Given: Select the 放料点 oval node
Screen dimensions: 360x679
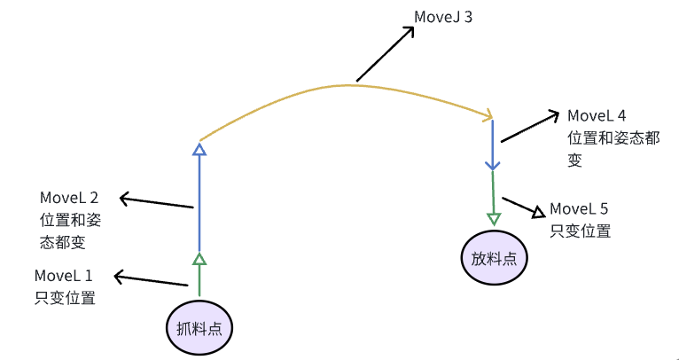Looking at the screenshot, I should [x=494, y=259].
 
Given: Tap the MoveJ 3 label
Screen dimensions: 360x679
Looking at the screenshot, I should [x=442, y=16].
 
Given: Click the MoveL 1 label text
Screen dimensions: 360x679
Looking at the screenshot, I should [x=63, y=276].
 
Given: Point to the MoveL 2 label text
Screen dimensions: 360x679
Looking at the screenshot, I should [x=69, y=197].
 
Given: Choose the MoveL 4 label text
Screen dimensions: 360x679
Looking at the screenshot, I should [x=597, y=116].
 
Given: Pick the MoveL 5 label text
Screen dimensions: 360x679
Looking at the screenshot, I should [x=579, y=209].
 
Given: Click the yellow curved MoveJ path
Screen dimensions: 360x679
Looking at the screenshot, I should [x=337, y=86].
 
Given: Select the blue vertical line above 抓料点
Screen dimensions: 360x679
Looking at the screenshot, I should [x=199, y=204].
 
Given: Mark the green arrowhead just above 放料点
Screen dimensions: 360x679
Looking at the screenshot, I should [x=494, y=218].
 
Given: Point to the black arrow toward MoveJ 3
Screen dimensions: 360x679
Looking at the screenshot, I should [x=386, y=55].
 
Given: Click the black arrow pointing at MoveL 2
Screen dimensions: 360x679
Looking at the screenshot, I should [x=156, y=202].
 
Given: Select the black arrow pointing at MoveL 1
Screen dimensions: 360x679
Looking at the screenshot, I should [x=151, y=280].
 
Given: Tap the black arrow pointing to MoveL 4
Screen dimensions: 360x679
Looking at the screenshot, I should [x=529, y=127].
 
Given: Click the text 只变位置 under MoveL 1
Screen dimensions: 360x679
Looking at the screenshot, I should [x=63, y=298].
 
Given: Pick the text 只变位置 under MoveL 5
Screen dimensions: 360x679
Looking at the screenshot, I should [x=580, y=231].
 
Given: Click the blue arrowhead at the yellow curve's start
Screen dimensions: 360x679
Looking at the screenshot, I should [x=199, y=149].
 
